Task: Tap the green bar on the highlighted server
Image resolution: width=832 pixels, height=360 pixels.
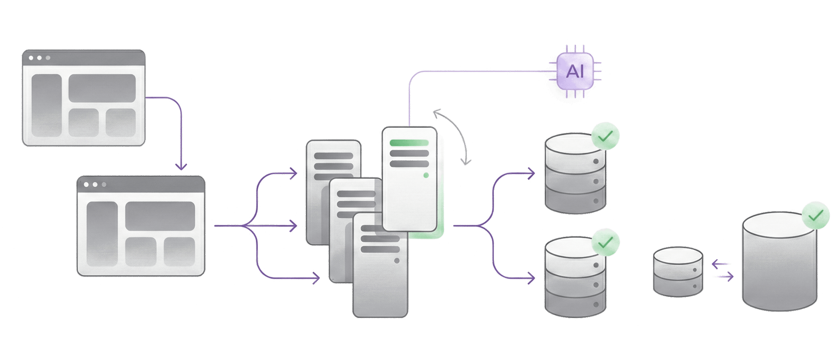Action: pos(409,143)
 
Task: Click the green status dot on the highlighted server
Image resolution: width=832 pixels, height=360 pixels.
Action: pos(426,175)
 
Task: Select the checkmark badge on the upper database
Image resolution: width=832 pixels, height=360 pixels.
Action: pos(605,136)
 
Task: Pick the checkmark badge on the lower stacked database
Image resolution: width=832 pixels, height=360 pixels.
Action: pos(605,242)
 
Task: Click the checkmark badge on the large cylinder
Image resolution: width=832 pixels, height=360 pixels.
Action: pos(815,216)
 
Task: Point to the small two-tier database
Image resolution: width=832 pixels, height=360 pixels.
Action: pos(678,272)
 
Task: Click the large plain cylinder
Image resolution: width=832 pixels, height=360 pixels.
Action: pos(780,266)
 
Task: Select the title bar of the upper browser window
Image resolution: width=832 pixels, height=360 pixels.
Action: pos(83,58)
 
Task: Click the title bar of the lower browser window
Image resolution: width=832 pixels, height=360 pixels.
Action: pos(141,184)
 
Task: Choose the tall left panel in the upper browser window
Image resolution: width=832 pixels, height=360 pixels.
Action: pos(46,105)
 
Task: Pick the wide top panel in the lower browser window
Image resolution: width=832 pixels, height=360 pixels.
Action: pos(160,216)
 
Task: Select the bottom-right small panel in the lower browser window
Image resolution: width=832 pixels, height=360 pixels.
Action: pos(179,252)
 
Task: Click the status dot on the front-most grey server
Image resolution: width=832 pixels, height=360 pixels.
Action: pos(397,261)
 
